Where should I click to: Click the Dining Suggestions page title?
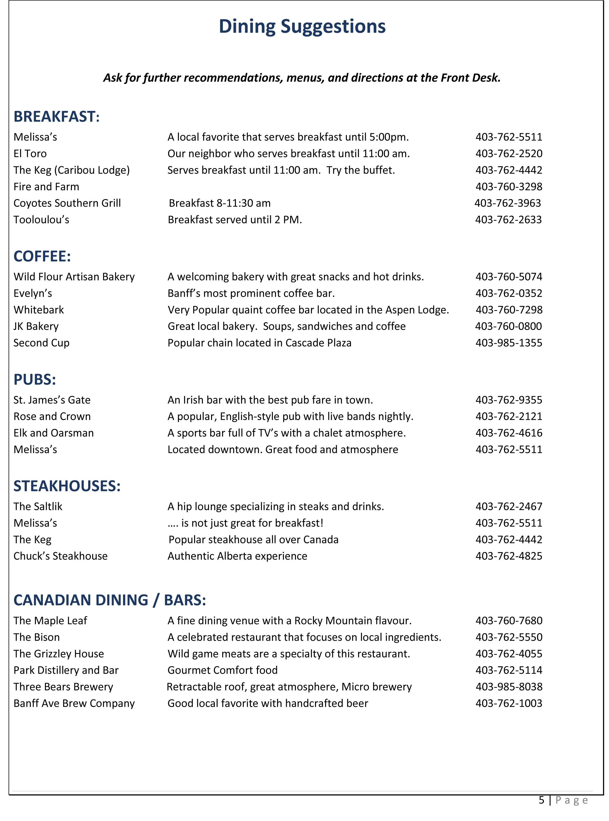pos(302,26)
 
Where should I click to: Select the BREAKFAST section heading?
pos(56,117)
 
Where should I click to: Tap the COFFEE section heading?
pos(42,256)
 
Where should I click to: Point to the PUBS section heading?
pos(35,379)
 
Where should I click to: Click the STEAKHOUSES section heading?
pos(67,486)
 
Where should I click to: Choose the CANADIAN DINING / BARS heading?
pos(109,600)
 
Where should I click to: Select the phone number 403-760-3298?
pos(509,187)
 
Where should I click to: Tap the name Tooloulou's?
pos(41,220)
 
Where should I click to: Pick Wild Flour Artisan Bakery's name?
pos(74,277)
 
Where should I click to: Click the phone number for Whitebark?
pos(509,310)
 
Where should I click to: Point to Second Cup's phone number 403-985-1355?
pos(509,343)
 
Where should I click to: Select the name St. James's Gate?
pos(52,400)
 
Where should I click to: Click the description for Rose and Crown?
pos(290,417)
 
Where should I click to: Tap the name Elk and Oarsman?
pos(53,433)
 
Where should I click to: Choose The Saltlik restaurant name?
pos(38,507)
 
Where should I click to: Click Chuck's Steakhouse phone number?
pos(509,556)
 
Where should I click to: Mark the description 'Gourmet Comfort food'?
pos(222,670)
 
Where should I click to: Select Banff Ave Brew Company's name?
pos(74,703)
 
